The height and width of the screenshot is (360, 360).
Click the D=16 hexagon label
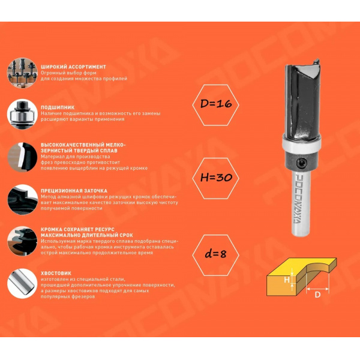(215, 105)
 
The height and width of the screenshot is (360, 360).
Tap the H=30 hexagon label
(215, 178)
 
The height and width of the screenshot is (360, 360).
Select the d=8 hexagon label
(215, 255)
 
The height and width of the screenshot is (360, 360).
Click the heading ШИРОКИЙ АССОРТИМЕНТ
(73, 67)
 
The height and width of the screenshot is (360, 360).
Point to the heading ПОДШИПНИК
(58, 107)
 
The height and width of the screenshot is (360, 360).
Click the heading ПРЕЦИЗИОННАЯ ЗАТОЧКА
(74, 191)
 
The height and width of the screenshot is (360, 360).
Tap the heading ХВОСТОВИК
(56, 273)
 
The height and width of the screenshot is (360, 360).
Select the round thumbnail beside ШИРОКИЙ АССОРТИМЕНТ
(22, 73)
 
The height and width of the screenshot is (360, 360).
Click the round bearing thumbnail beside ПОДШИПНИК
(22, 114)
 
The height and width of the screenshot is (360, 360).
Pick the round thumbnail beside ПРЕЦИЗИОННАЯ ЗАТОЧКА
(22, 200)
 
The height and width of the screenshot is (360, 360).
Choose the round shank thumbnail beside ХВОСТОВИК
(22, 284)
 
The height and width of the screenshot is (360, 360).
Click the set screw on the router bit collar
(301, 163)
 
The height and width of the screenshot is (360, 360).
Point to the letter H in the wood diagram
(287, 280)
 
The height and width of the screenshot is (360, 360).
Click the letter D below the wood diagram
(317, 295)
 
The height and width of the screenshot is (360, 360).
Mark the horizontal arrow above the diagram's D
(318, 289)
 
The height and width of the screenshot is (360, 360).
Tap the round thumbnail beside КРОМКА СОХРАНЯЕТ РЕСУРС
(22, 241)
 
